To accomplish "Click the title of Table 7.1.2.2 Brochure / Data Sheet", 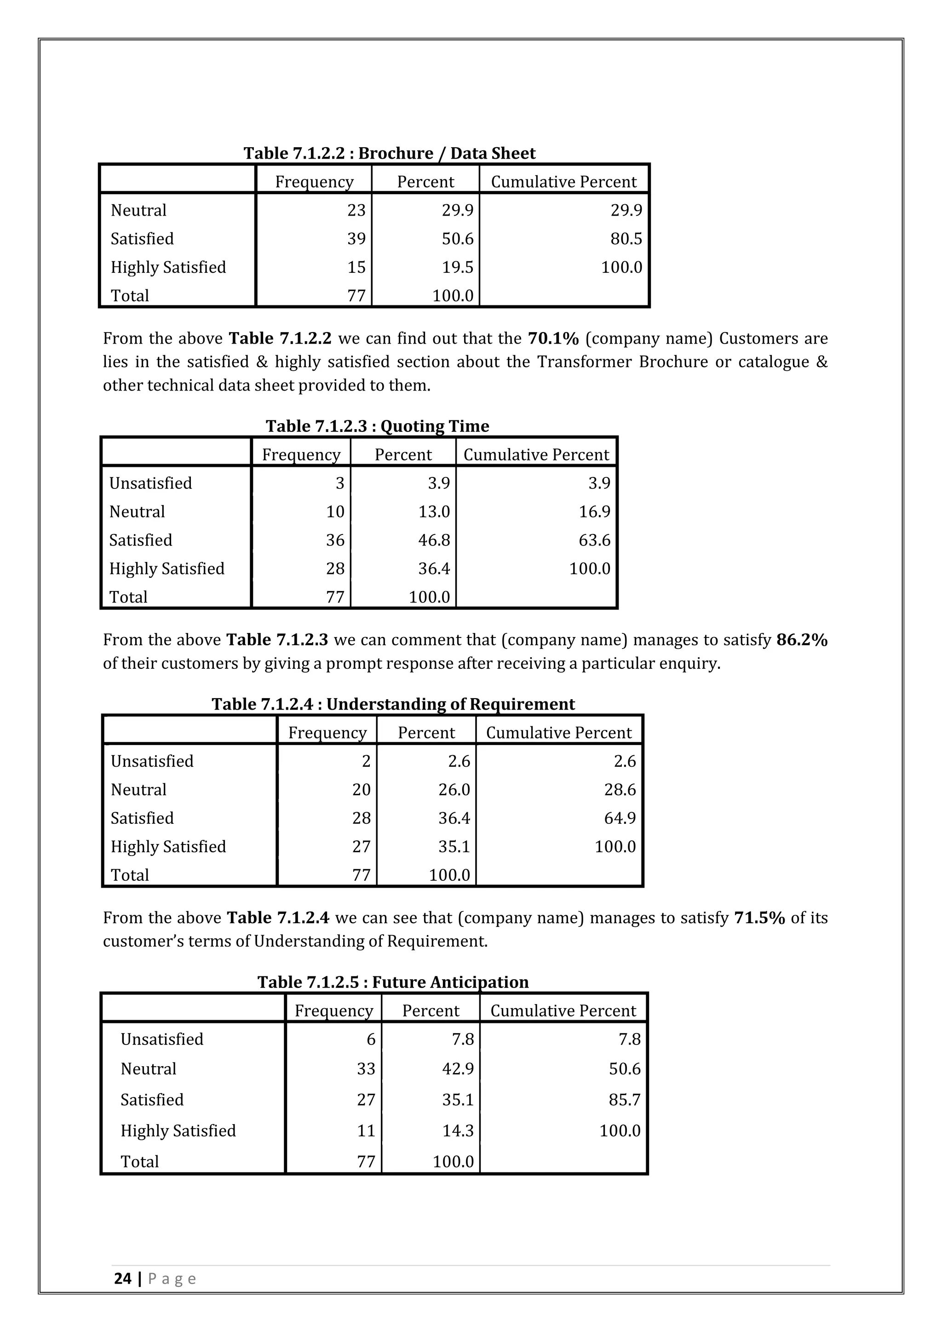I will [389, 153].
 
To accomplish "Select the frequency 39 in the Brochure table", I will [356, 238].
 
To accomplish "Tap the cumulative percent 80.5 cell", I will [626, 238].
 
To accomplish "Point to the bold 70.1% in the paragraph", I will [553, 338].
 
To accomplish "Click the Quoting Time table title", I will [377, 426].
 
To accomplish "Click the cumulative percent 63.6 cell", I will [595, 540].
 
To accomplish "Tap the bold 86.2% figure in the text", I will [802, 639].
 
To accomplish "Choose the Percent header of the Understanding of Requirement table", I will [426, 732].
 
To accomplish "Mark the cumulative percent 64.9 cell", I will [620, 817].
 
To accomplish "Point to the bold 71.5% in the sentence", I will [759, 917].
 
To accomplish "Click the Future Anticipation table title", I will [393, 982].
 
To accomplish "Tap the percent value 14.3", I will [458, 1130].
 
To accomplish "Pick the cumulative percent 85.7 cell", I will [624, 1099].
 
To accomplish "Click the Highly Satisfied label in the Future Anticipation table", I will [178, 1130].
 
